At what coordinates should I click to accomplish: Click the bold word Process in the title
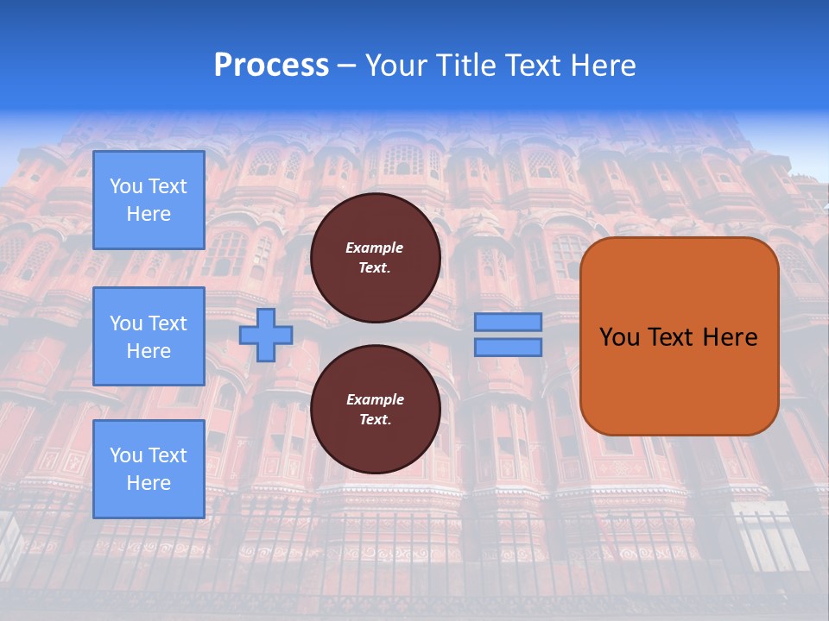pyautogui.click(x=271, y=66)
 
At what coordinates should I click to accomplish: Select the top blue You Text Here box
pyautogui.click(x=149, y=200)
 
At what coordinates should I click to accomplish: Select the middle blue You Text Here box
pyautogui.click(x=149, y=336)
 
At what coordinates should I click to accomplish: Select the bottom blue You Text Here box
pyautogui.click(x=149, y=469)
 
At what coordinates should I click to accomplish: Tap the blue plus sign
pyautogui.click(x=265, y=335)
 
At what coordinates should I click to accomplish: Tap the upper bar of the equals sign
pyautogui.click(x=508, y=322)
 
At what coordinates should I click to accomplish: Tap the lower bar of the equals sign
pyautogui.click(x=508, y=347)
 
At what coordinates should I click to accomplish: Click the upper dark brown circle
pyautogui.click(x=375, y=258)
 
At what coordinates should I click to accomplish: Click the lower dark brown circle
pyautogui.click(x=375, y=410)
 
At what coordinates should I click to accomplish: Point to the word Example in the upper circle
pyautogui.click(x=375, y=248)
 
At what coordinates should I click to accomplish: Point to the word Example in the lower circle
pyautogui.click(x=375, y=399)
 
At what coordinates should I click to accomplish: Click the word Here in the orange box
pyautogui.click(x=730, y=337)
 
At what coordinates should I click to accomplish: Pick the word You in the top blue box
pyautogui.click(x=126, y=186)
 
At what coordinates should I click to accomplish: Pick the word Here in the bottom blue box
pyautogui.click(x=149, y=483)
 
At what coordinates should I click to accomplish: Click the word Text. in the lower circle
pyautogui.click(x=375, y=420)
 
